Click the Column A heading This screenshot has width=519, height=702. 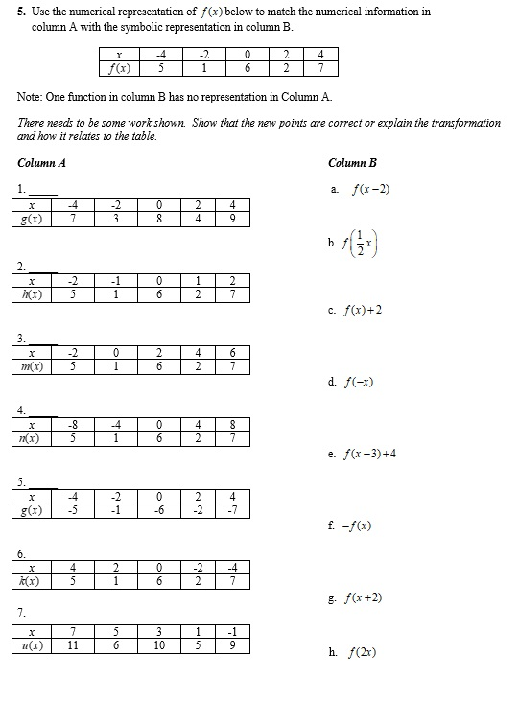41,163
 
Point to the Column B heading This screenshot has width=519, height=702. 352,163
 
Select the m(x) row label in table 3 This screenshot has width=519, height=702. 32,364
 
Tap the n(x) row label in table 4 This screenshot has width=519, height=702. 32,436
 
